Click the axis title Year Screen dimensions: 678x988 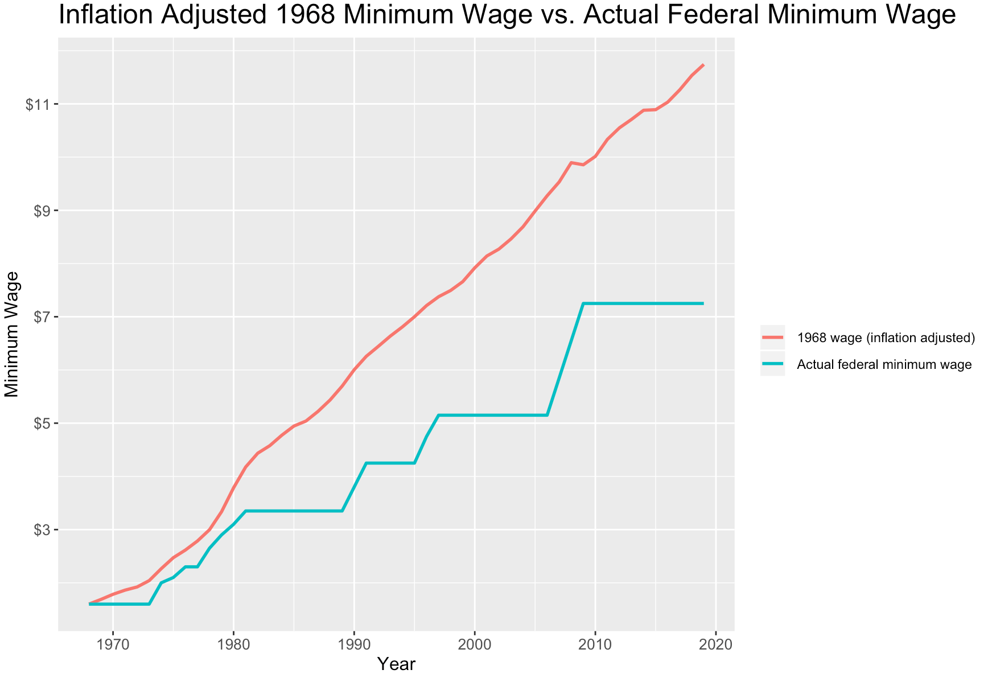[397, 664]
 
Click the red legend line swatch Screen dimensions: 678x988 [772, 338]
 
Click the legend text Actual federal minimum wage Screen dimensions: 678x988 [884, 364]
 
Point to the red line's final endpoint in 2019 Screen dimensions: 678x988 [703, 65]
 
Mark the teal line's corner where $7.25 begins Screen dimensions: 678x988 [583, 303]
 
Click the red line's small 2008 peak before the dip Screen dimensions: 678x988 [571, 163]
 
